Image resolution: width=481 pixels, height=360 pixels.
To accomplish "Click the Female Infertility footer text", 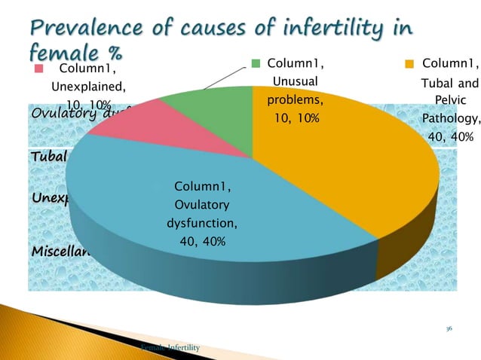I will coord(170,347).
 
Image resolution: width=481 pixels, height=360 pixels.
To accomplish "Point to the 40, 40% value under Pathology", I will coord(450,137).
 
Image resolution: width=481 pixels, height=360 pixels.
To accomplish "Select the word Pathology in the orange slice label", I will coord(450,118).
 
